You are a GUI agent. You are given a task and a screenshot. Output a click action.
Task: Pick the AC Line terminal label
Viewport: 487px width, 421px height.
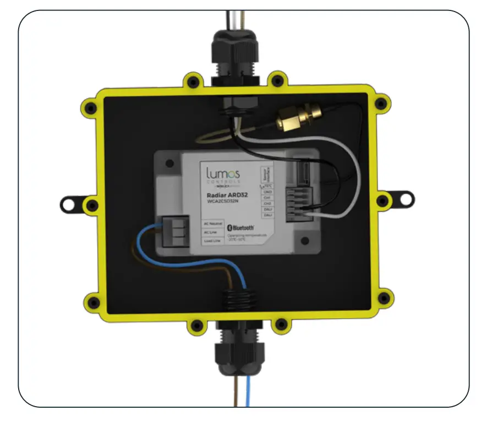coord(212,232)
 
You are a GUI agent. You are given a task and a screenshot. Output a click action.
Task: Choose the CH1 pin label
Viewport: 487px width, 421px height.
coord(268,198)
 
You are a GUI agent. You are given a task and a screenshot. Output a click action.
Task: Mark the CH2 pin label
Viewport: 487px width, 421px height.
coord(268,204)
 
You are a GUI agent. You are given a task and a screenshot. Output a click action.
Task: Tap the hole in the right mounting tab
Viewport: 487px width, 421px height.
coord(406,197)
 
